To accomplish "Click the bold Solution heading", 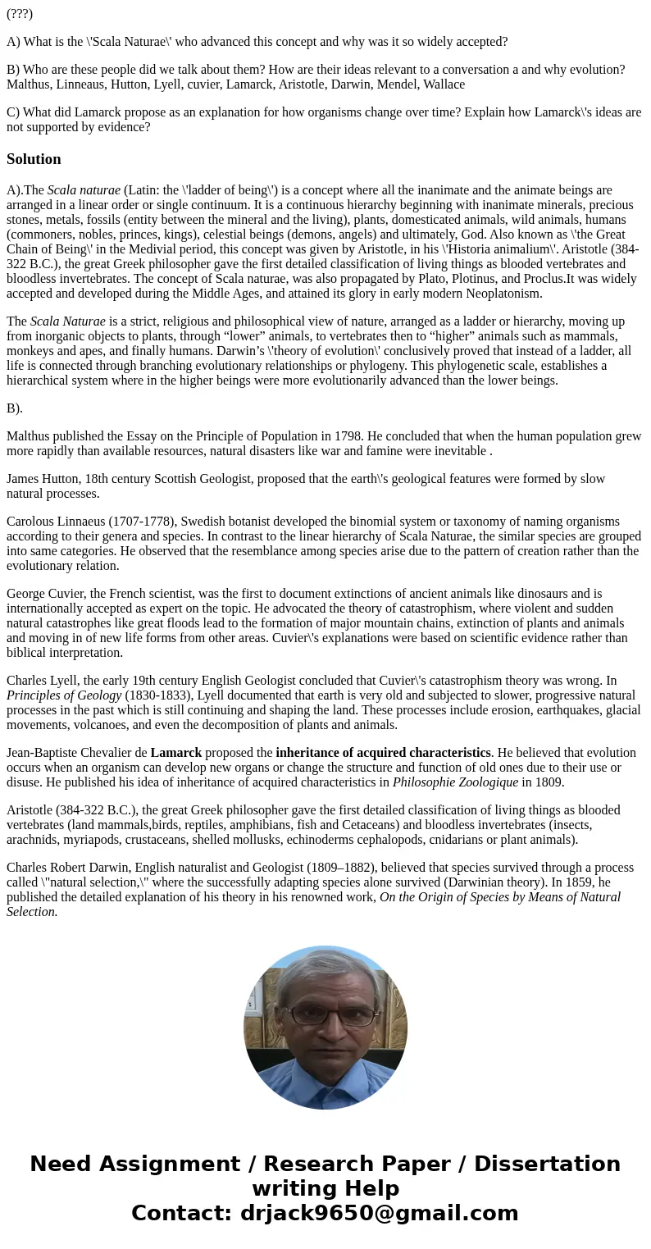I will [34, 159].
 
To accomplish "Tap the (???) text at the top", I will [20, 14].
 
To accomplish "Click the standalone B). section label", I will [15, 408].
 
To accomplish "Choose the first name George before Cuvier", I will [28, 594].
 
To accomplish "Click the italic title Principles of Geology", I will [64, 695].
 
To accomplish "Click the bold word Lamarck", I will [175, 753].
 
